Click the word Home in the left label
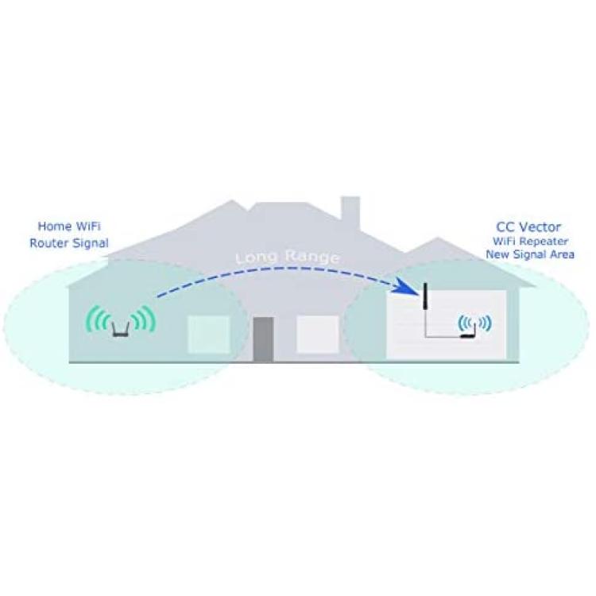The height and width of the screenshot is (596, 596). click(55, 226)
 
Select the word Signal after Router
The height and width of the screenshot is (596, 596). click(89, 244)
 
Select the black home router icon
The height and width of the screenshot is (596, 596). click(122, 330)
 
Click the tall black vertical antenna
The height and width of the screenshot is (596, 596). click(425, 296)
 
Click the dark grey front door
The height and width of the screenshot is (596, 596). click(263, 339)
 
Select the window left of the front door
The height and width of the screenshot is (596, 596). click(209, 335)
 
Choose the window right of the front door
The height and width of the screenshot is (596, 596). click(317, 334)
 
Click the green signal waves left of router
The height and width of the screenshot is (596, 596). click(98, 319)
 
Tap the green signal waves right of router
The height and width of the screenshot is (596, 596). click(145, 319)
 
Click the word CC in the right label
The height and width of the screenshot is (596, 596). click(505, 227)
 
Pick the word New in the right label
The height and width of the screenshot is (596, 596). click(496, 254)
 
